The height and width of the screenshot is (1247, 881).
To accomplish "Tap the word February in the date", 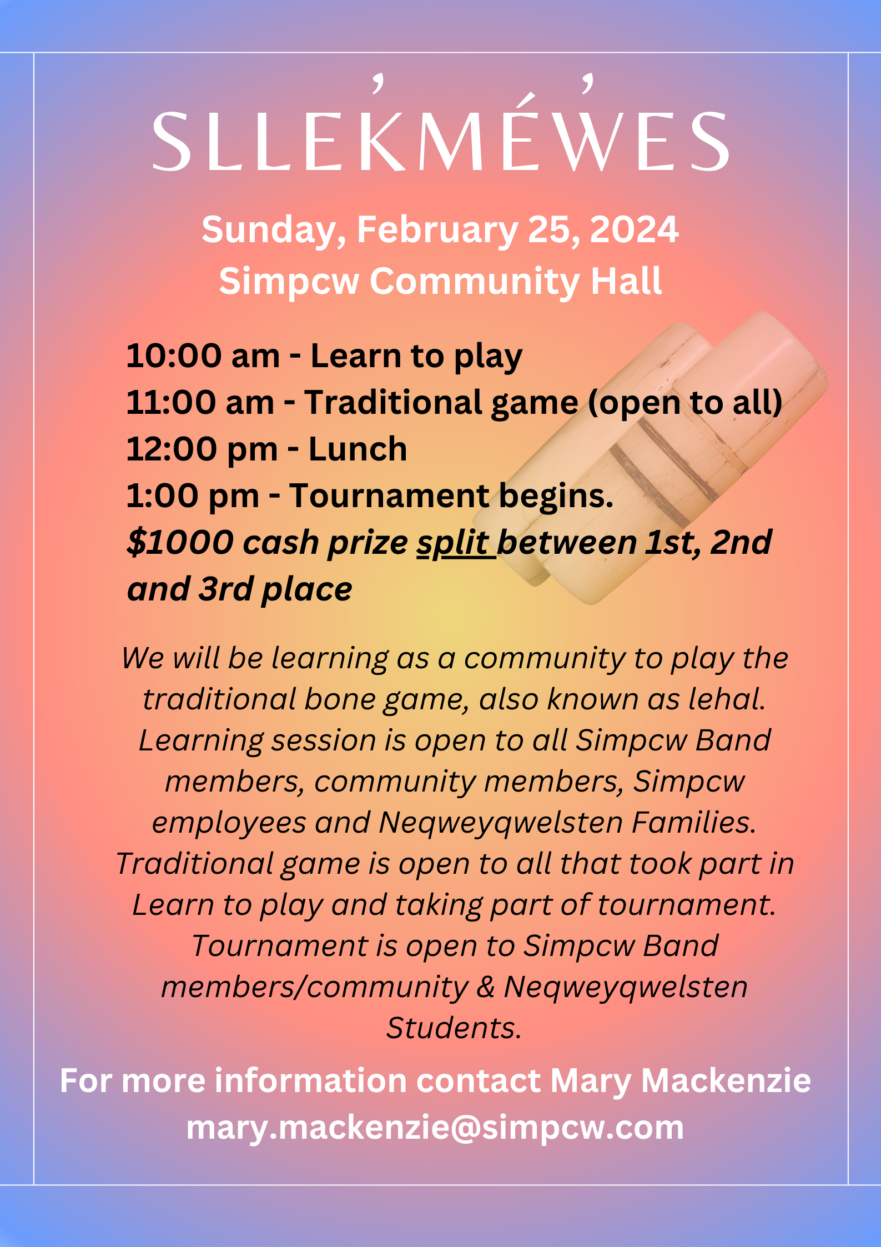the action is pyautogui.click(x=437, y=231).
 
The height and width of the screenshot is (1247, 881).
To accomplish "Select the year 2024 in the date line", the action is pyautogui.click(x=634, y=229).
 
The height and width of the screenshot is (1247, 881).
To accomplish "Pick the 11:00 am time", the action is pyautogui.click(x=200, y=402).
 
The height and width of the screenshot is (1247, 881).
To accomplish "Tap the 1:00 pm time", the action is pyautogui.click(x=193, y=496).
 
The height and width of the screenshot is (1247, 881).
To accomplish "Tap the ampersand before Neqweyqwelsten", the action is pyautogui.click(x=486, y=987).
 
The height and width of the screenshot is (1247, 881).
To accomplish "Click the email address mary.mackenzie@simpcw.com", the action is pyautogui.click(x=435, y=1128).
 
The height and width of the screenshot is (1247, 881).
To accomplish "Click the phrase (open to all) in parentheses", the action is pyautogui.click(x=685, y=402).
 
